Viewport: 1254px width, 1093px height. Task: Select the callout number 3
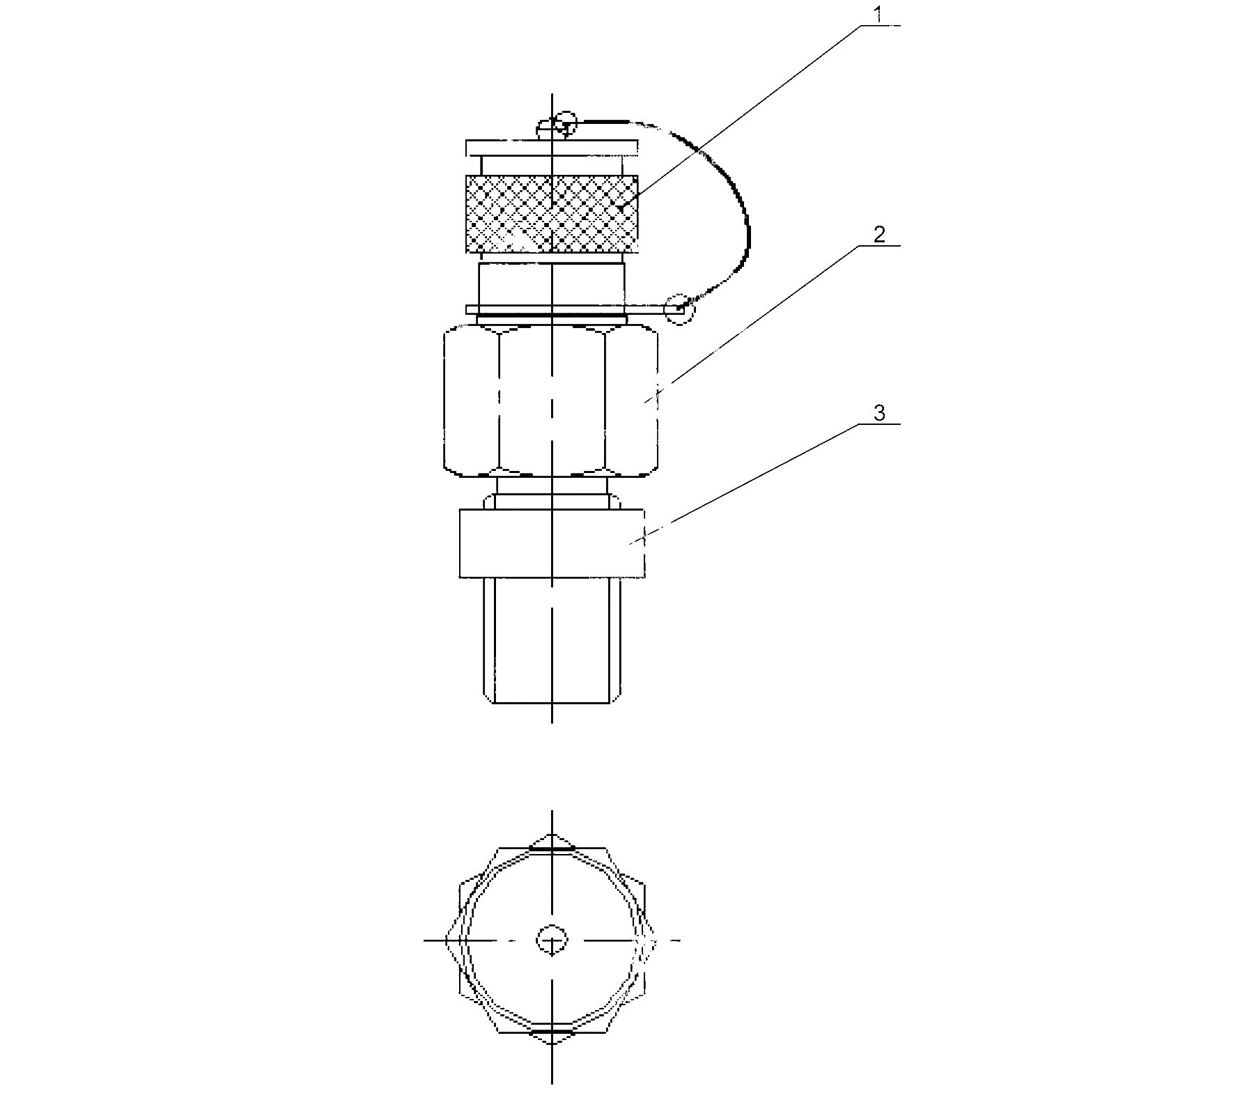click(x=880, y=413)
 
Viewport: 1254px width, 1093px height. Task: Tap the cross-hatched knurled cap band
click(x=552, y=213)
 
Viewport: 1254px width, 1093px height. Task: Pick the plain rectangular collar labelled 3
click(x=552, y=543)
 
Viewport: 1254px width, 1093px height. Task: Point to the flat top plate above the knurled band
click(x=552, y=148)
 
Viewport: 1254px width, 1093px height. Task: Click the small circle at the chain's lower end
click(x=679, y=309)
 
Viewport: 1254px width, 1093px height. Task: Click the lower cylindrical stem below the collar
click(x=552, y=641)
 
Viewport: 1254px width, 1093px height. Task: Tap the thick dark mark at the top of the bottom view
click(x=551, y=849)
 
